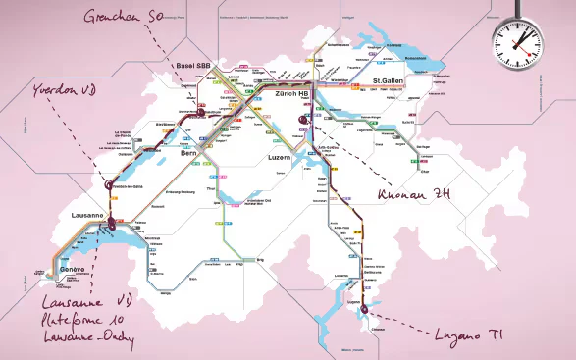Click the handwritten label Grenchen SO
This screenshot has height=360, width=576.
[124, 17]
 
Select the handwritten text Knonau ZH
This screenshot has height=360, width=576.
[413, 193]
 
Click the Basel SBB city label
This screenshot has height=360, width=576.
[192, 66]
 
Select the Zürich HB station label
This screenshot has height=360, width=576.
[291, 94]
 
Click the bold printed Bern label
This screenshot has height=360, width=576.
[189, 154]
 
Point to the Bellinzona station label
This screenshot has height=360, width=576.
[373, 272]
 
